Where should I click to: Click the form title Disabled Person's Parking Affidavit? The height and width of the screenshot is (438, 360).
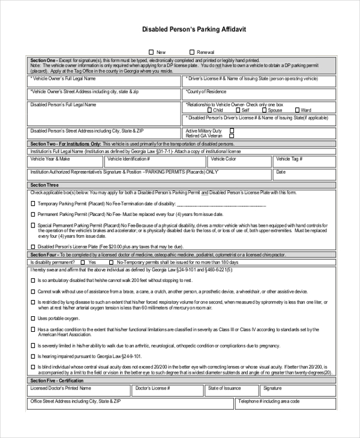[194, 29]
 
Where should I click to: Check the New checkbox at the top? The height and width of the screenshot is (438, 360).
[151, 52]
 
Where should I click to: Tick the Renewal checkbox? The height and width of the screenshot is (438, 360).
[192, 52]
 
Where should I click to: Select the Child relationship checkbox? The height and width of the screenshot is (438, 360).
[209, 110]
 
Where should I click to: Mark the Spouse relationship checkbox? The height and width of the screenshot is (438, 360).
[264, 110]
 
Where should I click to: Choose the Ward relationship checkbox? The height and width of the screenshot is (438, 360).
[297, 110]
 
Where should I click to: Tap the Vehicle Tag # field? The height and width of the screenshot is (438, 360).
[304, 162]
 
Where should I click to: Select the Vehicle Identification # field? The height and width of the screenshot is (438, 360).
[155, 162]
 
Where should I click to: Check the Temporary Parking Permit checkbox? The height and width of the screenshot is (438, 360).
[32, 203]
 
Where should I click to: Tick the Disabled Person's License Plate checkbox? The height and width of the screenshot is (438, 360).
[32, 246]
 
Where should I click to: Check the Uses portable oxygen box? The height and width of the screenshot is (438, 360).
[32, 318]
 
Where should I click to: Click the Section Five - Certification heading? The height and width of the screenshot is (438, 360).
[58, 380]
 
